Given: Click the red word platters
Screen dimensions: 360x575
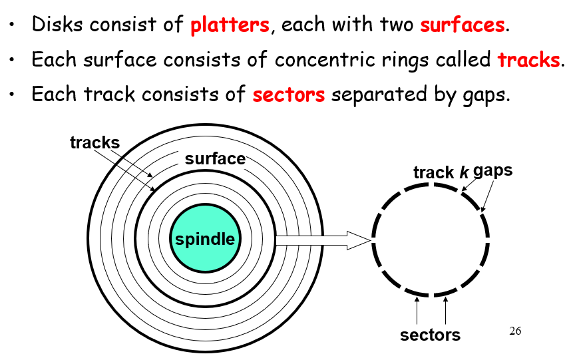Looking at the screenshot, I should point(230,26).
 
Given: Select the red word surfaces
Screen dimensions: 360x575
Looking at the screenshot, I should point(463,26).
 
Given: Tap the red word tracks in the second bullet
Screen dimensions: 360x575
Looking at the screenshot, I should point(528,60).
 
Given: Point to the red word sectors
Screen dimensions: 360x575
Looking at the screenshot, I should point(288,94).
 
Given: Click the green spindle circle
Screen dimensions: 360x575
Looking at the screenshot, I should point(204,239).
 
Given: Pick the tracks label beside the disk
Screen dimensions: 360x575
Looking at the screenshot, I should point(95,142).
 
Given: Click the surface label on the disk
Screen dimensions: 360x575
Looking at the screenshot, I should point(215,159).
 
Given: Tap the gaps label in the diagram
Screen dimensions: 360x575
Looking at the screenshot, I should point(493,170).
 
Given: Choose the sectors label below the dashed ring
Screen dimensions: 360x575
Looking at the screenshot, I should point(430,335).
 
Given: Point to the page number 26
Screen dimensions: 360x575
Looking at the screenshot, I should point(514,331).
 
